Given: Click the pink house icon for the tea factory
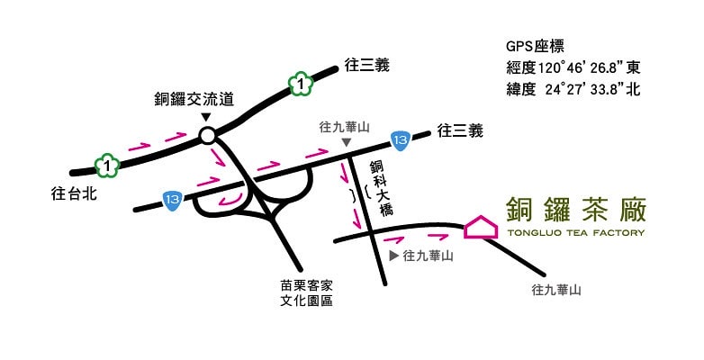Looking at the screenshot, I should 481,228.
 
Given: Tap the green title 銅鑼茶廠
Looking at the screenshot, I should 576,207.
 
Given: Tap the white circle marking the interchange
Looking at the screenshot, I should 207,137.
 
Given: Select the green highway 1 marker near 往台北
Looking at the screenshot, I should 107,166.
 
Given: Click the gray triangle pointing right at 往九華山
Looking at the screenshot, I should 393,256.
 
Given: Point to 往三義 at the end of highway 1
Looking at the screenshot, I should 367,66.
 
